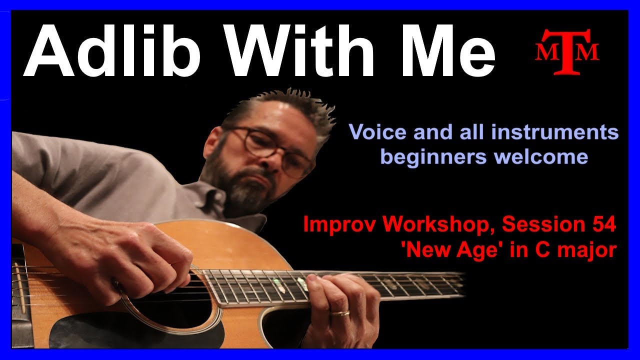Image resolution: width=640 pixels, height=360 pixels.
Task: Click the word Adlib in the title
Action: tap(111, 50)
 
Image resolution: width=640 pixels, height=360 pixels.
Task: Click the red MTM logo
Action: tap(567, 52)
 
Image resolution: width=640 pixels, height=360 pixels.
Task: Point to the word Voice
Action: tap(377, 132)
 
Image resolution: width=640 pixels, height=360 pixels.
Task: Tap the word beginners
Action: tap(433, 157)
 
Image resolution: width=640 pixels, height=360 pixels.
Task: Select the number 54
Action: tap(604, 225)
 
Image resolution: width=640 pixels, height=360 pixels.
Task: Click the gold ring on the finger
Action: tap(340, 313)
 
